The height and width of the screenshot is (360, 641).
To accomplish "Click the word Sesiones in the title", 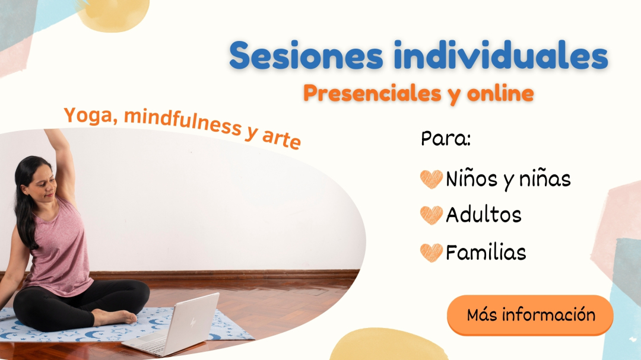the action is (306, 55).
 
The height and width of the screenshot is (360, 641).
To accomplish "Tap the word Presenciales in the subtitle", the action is (372, 94).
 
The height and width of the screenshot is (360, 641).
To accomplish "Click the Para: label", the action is (446, 139).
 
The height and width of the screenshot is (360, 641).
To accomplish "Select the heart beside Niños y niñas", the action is (431, 179).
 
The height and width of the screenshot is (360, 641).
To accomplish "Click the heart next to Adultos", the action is (431, 215).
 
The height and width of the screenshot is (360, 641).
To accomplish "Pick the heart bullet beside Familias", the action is (431, 252).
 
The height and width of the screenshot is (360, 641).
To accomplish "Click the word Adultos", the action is (484, 215).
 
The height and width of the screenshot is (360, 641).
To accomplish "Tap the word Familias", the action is (485, 251).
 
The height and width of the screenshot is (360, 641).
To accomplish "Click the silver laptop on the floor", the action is (176, 326).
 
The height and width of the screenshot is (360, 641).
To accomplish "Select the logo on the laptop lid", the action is (193, 322).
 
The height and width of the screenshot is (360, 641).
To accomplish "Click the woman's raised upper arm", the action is (64, 164).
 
